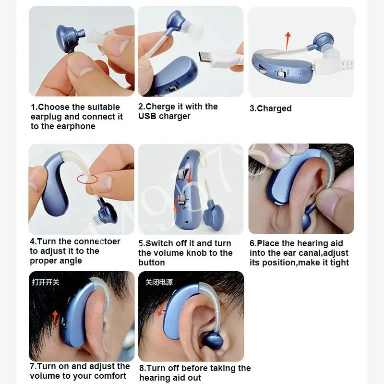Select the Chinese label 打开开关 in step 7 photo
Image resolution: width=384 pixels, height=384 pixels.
click(x=46, y=282)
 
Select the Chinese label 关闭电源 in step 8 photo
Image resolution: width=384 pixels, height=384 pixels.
click(x=159, y=282)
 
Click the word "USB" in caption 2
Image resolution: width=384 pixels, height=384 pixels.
click(x=148, y=116)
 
